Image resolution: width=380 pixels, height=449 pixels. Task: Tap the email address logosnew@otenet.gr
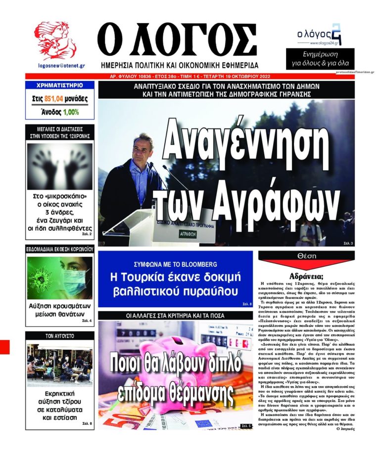(61, 65)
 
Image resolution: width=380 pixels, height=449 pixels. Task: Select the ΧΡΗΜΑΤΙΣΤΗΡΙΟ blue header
(59, 85)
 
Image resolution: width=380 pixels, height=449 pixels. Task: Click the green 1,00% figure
(71, 112)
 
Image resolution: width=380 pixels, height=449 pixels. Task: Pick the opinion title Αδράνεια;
(306, 277)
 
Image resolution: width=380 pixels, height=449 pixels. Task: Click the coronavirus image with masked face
(59, 278)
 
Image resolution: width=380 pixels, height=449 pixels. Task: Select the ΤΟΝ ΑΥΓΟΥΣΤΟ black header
(59, 335)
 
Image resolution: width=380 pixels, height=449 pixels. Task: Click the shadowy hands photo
(59, 166)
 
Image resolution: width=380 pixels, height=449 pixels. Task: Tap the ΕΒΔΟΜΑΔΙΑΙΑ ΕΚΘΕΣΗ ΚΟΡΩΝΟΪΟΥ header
(59, 249)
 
